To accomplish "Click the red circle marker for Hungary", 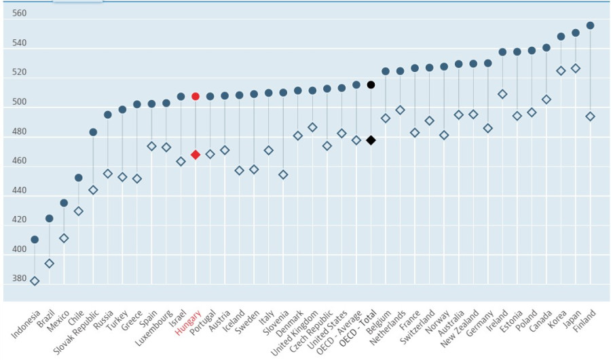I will click(x=196, y=96).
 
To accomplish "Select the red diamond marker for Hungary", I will click(x=196, y=155).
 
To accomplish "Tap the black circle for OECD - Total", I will click(x=371, y=85).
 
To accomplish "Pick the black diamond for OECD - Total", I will click(x=371, y=140).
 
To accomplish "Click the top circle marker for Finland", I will click(x=590, y=26).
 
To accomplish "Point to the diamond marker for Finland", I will click(x=590, y=117).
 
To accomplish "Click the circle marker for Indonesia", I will click(x=35, y=240).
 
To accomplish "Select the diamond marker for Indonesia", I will click(x=35, y=281).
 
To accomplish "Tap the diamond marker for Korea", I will click(x=561, y=71).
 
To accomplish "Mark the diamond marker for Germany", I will click(x=487, y=128).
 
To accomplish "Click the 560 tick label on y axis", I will click(x=20, y=14).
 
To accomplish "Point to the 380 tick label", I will click(x=20, y=278).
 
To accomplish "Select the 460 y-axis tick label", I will click(x=20, y=161).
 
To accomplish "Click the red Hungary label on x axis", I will click(x=188, y=322).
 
